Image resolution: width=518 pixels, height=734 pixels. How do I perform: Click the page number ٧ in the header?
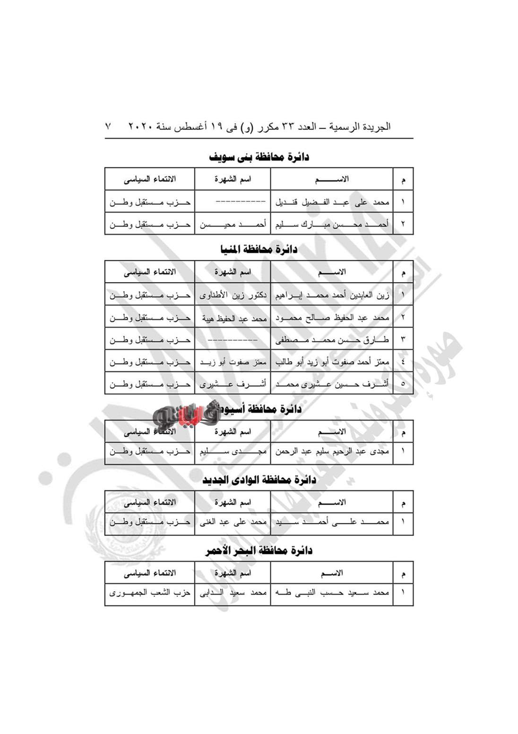pyautogui.click(x=109, y=127)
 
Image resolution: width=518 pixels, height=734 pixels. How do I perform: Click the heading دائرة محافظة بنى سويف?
pyautogui.click(x=259, y=157)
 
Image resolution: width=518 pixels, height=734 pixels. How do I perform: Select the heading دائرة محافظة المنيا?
pyautogui.click(x=259, y=250)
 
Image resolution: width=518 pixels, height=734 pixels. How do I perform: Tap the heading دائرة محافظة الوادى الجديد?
pyautogui.click(x=259, y=480)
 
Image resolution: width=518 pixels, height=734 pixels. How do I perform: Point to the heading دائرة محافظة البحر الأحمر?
pyautogui.click(x=259, y=551)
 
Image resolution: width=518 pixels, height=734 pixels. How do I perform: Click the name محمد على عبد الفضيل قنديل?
pyautogui.click(x=332, y=202)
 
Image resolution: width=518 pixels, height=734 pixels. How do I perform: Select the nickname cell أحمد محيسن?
pyautogui.click(x=233, y=224)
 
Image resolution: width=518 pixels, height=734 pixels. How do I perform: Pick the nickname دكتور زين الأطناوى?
pyautogui.click(x=233, y=295)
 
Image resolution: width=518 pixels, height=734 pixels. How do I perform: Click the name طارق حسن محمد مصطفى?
pyautogui.click(x=332, y=339)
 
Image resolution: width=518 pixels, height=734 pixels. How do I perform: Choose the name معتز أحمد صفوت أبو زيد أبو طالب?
pyautogui.click(x=332, y=362)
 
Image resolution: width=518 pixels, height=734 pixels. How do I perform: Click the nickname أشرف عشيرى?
pyautogui.click(x=233, y=384)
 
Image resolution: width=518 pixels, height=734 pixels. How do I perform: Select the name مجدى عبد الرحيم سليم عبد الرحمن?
pyautogui.click(x=332, y=451)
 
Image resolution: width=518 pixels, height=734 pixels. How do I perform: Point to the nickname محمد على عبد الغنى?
pyautogui.click(x=233, y=522)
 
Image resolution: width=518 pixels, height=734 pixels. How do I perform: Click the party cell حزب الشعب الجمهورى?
pyautogui.click(x=150, y=592)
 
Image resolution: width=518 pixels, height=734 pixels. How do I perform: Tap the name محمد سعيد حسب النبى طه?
pyautogui.click(x=332, y=592)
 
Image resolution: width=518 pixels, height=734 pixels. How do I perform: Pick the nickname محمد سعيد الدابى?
pyautogui.click(x=233, y=592)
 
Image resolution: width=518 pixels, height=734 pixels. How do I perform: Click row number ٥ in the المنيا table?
pyautogui.click(x=403, y=384)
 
